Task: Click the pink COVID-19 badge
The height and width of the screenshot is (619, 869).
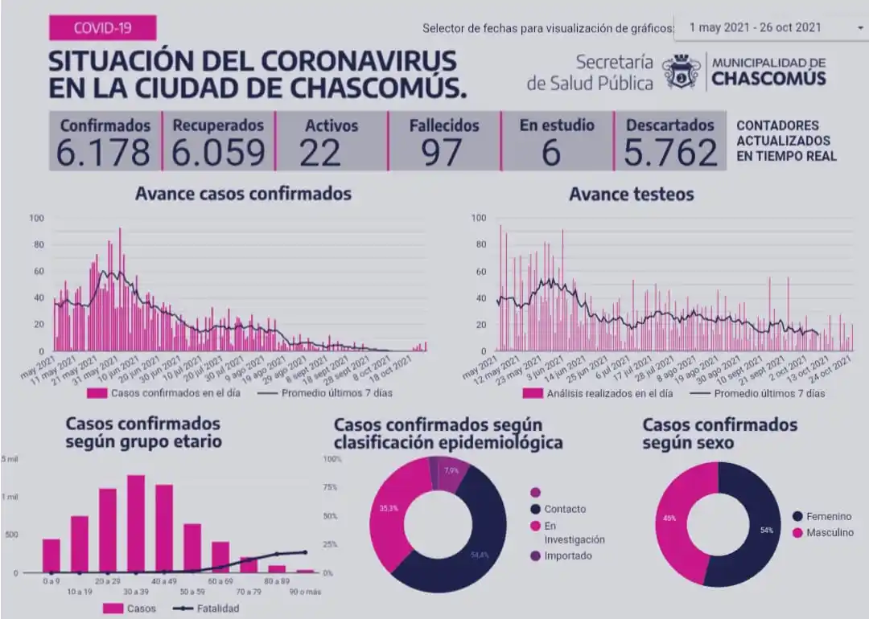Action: pos(101,28)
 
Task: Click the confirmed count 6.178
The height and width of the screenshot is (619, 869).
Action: pos(104,152)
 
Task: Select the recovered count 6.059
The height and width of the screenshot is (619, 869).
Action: pos(218,152)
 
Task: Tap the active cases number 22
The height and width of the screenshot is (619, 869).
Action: pos(320,152)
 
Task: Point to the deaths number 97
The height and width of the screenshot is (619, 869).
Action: pos(443,152)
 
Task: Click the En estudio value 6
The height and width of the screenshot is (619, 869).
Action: pos(552,152)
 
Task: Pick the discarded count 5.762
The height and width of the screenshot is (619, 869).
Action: pos(670,152)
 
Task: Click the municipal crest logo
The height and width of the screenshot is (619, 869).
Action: pos(682,72)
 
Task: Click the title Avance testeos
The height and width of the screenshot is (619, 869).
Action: pos(631,195)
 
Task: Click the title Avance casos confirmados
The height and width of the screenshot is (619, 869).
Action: pos(243,194)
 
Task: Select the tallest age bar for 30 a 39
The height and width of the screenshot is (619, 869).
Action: pos(136,523)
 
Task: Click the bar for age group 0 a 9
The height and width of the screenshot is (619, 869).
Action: pos(51,555)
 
